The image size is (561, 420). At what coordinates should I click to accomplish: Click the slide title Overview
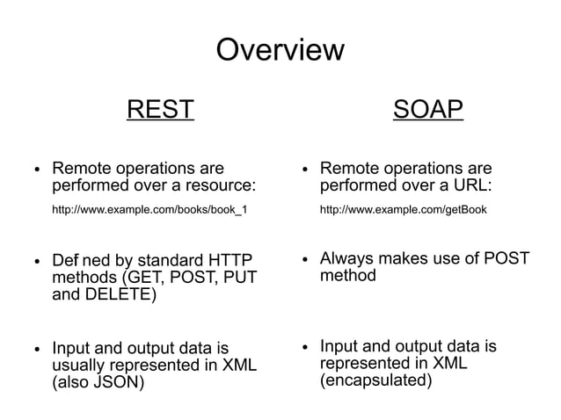tap(280, 49)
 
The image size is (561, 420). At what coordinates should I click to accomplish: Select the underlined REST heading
tap(160, 110)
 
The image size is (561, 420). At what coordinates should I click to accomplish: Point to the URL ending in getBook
tap(403, 210)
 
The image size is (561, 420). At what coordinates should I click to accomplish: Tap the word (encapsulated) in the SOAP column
tap(375, 380)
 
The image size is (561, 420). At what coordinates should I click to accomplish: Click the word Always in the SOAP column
tap(348, 258)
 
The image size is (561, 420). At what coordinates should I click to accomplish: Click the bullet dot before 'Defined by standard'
tap(36, 262)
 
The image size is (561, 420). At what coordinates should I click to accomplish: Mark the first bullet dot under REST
tap(36, 170)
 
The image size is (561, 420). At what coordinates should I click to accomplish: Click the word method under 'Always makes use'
tap(347, 275)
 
